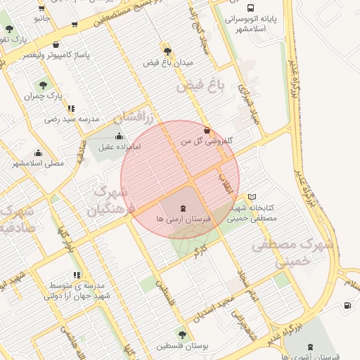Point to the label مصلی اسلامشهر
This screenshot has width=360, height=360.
click(37, 163)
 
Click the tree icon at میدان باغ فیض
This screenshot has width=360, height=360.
click(167, 51)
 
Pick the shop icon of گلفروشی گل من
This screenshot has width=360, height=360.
click(206, 130)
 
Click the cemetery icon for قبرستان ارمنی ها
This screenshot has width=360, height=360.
click(183, 208)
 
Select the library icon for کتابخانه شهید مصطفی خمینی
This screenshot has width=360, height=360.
click(252, 197)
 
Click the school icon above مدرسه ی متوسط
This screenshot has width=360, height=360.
click(76, 276)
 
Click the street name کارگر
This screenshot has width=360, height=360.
click(200, 252)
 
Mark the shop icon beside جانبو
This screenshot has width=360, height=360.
click(42, 8)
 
